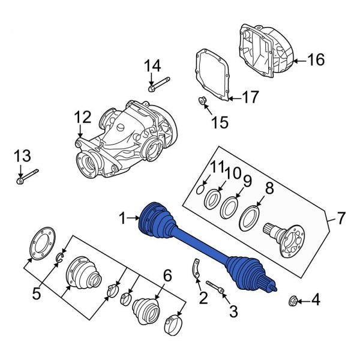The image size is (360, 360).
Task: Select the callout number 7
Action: click(341, 218)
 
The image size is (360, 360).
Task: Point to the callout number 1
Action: click(123, 220)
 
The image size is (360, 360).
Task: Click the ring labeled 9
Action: click(228, 207)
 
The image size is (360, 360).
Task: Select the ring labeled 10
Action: click(212, 199)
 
